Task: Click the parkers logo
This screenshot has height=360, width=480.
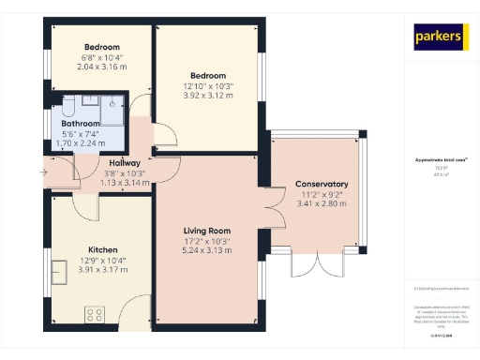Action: pos(440,37)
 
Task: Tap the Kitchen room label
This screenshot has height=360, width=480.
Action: pos(102,250)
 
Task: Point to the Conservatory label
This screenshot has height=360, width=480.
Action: pos(322,184)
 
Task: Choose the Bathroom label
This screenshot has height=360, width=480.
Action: pos(81,123)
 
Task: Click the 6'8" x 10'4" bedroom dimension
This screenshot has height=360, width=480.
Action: pos(101,57)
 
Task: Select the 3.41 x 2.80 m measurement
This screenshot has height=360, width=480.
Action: pos(322,203)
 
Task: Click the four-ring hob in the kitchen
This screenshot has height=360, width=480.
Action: pos(96,313)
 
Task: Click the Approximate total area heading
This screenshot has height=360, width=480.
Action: pos(440,160)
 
